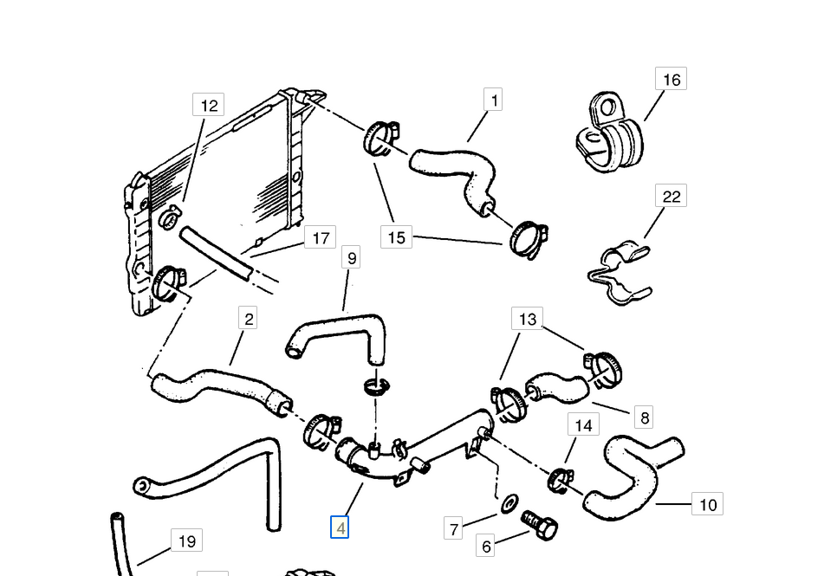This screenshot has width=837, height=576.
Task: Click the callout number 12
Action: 209,106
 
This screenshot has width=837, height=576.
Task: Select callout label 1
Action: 494,100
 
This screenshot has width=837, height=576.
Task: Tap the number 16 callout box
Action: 672,80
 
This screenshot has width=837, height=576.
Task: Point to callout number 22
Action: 672,197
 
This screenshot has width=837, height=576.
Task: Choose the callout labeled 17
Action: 321,237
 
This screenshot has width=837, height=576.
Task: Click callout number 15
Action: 396,236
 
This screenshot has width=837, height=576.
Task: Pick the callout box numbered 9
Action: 351,257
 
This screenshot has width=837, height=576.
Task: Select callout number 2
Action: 249,319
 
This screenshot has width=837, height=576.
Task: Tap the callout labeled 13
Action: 528,320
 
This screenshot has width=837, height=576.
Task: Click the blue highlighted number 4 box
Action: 340,527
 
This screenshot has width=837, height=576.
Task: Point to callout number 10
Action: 708,504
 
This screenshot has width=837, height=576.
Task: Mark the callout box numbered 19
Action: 186,542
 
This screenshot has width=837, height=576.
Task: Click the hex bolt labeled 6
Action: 539,524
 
